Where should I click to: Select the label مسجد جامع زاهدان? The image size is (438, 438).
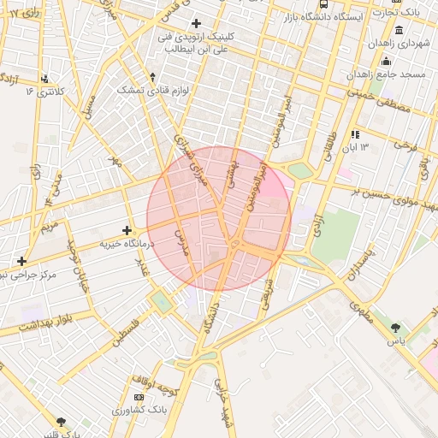(x=387, y=74)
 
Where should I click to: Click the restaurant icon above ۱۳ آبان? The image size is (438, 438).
(x=355, y=134)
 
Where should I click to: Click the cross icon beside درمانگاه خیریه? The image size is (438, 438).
(x=127, y=230)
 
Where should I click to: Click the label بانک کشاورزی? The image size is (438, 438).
(x=139, y=411)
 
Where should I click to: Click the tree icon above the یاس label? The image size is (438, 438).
(x=394, y=328)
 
